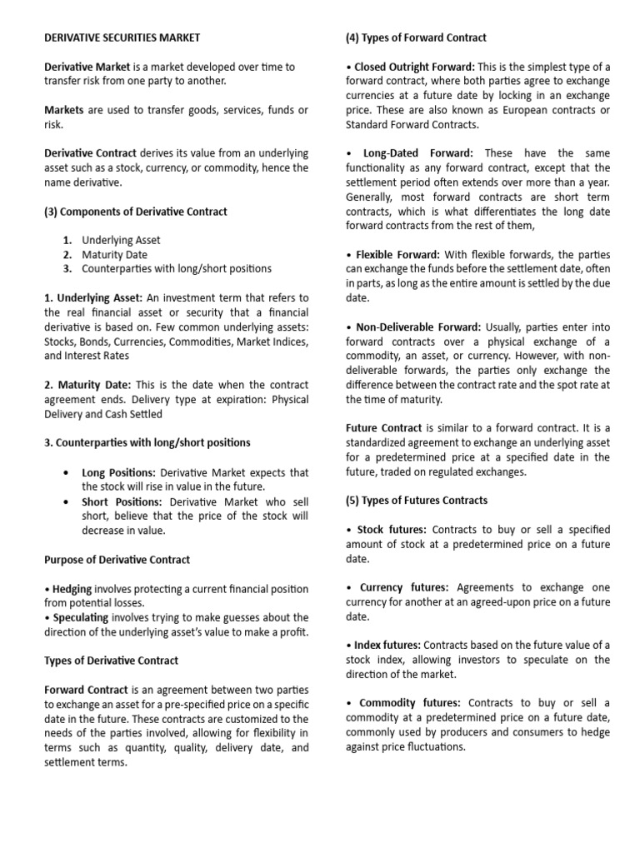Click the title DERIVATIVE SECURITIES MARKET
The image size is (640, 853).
[x=122, y=37]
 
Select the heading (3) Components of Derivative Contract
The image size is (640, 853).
[x=135, y=212]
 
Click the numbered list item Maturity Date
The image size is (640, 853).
[x=114, y=254]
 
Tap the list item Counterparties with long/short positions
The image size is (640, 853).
[x=176, y=268]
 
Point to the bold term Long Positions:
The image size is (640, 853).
[x=118, y=472]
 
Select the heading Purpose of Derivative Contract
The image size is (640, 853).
[x=117, y=560]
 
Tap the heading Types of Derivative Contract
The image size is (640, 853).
[x=111, y=661]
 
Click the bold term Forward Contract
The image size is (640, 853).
[x=86, y=690]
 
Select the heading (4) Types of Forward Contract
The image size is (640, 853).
[x=416, y=37]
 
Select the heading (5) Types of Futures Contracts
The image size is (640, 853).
[x=417, y=501]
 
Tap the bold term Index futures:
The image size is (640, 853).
[x=388, y=645]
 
